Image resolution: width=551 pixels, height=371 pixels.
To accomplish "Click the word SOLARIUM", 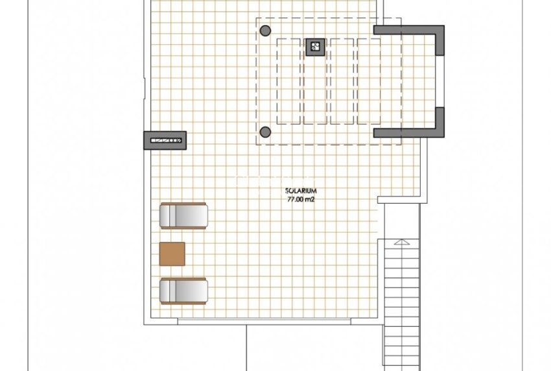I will pos(301,191).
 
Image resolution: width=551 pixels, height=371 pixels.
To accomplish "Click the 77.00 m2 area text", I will pos(301,199).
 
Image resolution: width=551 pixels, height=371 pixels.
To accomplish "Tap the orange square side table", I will pos(172,254).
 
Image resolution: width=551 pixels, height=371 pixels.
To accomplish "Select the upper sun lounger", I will pos(184,215).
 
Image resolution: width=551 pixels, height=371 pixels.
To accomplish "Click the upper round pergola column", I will pos(265,30).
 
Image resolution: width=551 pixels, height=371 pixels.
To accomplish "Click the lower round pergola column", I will pos(265,132).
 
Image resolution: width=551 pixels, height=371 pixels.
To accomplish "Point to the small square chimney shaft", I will pos(315,46).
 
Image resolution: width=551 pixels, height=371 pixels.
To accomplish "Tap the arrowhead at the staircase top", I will pos(402,243).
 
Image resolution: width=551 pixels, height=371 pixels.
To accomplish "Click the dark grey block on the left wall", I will pos(165,140).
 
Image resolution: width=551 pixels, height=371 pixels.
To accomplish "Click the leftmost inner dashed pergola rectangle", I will pos(289,81).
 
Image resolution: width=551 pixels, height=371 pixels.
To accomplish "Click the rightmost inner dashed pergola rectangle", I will pos(369,81).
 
